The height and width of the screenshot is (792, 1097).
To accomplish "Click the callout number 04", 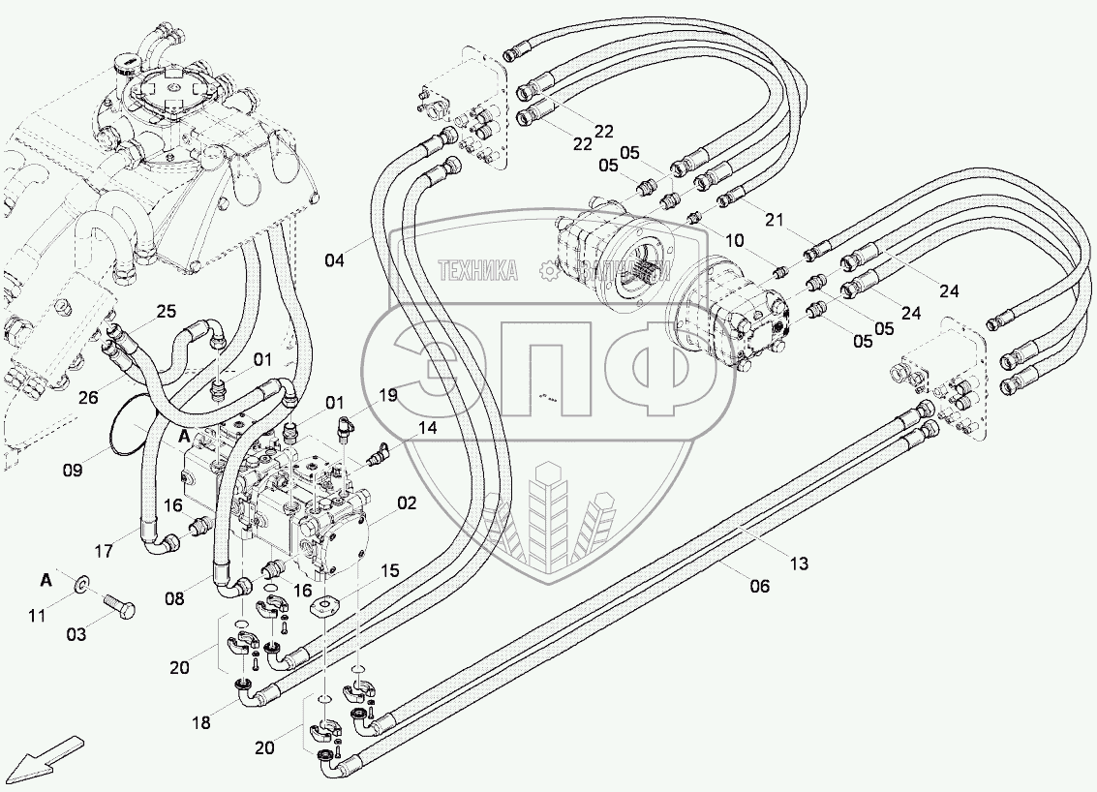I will click(333, 260).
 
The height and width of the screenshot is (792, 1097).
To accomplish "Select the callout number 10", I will click(734, 239).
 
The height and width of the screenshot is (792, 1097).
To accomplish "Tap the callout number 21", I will click(773, 220).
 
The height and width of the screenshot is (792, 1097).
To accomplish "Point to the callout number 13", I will click(799, 564).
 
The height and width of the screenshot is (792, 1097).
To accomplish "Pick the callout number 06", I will click(759, 586).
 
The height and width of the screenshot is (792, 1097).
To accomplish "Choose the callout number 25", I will click(166, 311).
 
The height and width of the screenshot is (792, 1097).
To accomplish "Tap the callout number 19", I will click(387, 395).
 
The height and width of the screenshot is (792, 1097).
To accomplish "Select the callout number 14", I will click(427, 428).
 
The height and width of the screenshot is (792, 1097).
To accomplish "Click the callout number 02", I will click(406, 503).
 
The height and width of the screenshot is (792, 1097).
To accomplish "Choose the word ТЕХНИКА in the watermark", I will click(478, 270).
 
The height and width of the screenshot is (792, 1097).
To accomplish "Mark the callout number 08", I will click(173, 599).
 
